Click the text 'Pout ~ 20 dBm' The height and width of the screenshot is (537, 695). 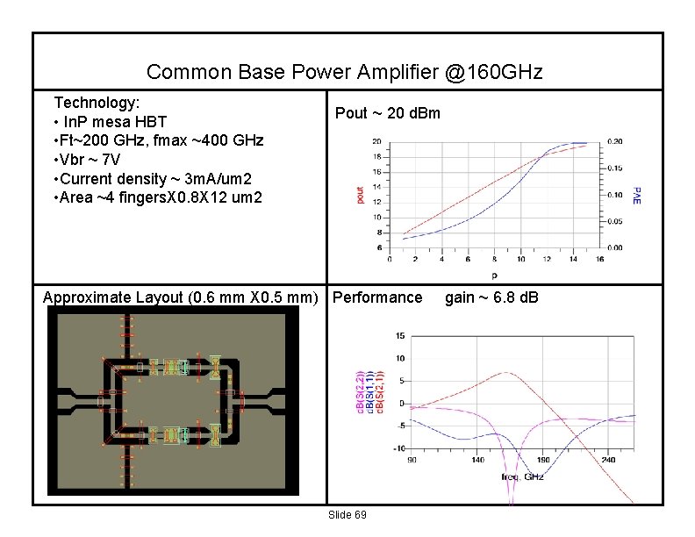[x=388, y=113]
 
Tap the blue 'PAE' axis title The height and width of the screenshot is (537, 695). [x=638, y=194]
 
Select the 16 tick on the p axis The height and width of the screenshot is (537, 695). [x=599, y=259]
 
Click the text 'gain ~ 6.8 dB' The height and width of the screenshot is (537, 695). [x=491, y=297]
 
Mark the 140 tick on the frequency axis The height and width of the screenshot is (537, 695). [x=477, y=459]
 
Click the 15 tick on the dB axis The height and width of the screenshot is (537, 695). [x=399, y=335]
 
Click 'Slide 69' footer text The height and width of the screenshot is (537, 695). [x=347, y=514]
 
